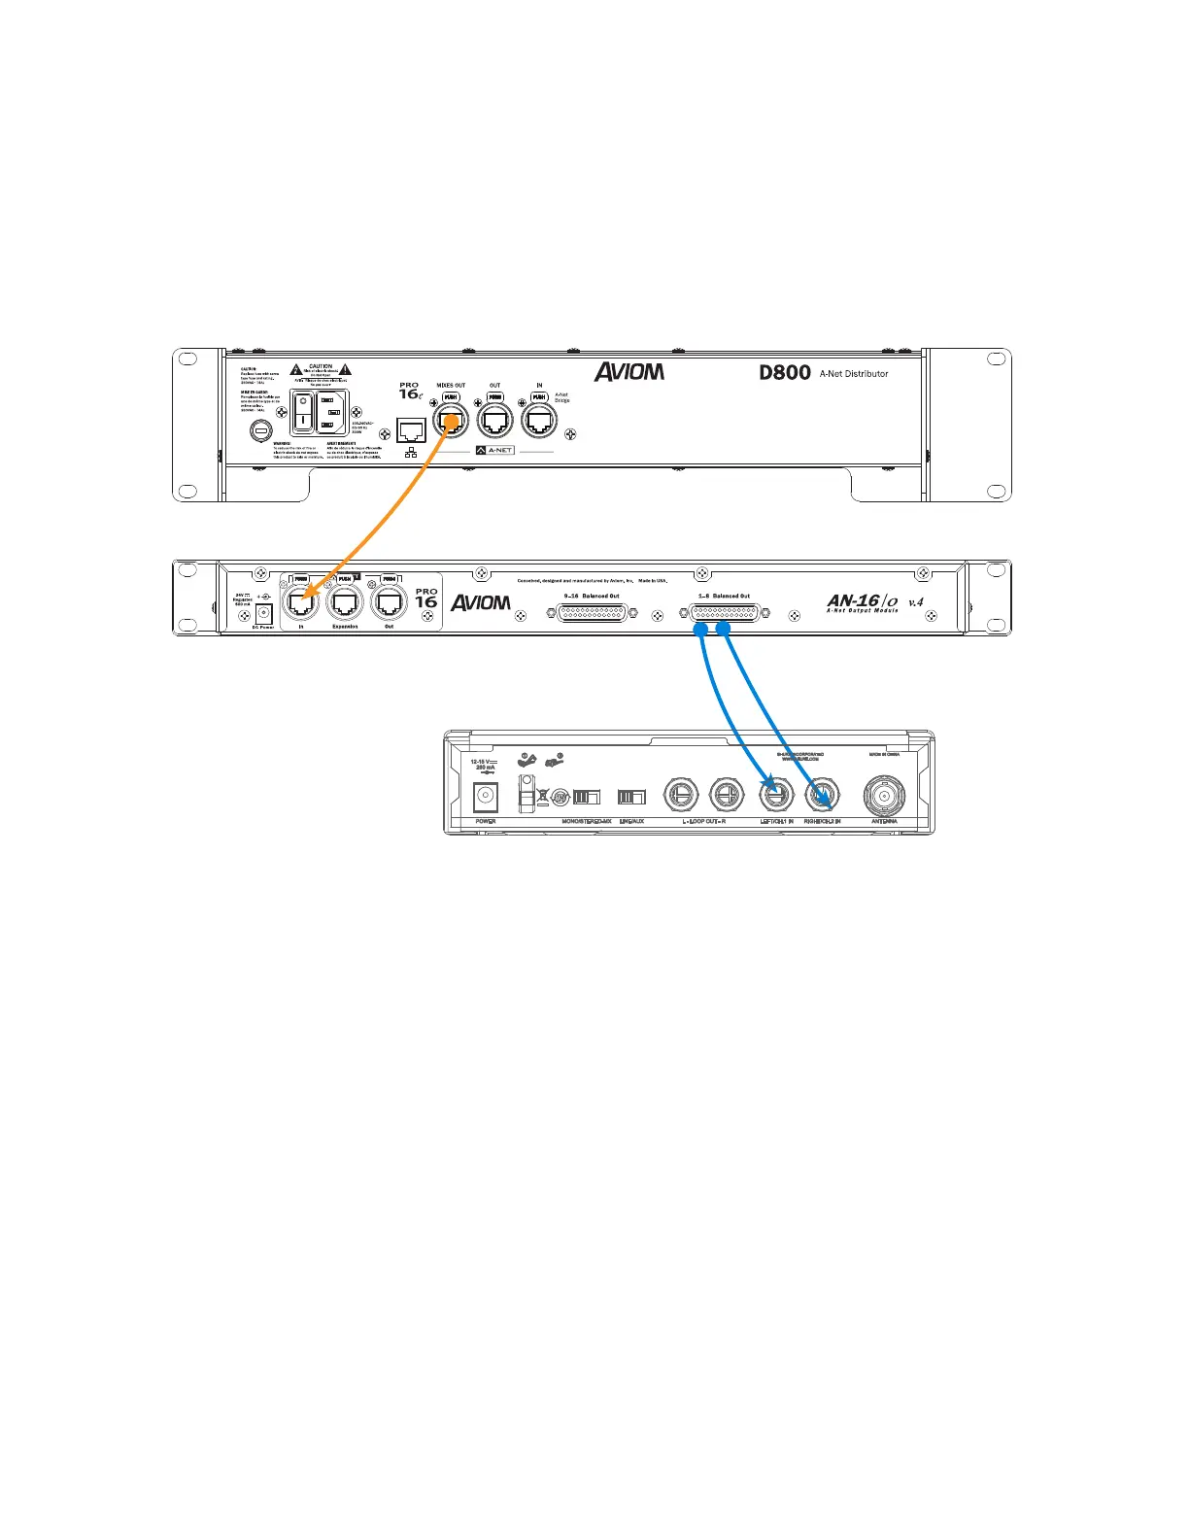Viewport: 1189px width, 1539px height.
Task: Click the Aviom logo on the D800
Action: pyautogui.click(x=629, y=371)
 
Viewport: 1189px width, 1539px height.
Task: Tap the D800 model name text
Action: pyautogui.click(x=785, y=372)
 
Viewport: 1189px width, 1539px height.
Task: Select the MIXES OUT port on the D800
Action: pyautogui.click(x=450, y=421)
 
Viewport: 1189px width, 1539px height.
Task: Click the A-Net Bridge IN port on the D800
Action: pyautogui.click(x=539, y=421)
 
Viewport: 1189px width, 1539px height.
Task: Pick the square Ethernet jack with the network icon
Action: pyautogui.click(x=412, y=429)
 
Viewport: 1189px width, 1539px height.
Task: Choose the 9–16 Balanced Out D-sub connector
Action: pyautogui.click(x=593, y=614)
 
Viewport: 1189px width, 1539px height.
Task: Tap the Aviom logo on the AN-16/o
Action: pyautogui.click(x=481, y=602)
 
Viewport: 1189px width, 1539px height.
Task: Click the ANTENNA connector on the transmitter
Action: pyautogui.click(x=884, y=796)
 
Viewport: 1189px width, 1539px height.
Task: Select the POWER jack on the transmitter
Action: pyautogui.click(x=485, y=797)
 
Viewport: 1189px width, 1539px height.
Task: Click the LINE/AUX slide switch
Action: pyautogui.click(x=631, y=797)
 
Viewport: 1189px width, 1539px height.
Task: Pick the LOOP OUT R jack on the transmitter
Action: pyautogui.click(x=726, y=796)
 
